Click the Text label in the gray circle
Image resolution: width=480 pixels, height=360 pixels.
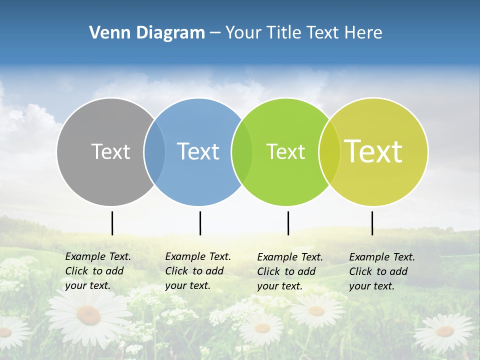pos(110,151)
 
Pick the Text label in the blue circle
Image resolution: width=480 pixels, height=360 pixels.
pos(198,151)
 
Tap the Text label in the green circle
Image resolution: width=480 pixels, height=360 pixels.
pos(285,151)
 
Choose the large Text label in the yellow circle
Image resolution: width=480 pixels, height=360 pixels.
pos(373,151)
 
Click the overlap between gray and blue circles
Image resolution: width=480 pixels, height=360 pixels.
pos(154,152)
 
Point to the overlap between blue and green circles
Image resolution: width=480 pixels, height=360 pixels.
pos(242,152)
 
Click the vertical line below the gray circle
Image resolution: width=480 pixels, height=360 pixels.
pos(112,223)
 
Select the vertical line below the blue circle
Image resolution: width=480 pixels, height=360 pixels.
pos(200,223)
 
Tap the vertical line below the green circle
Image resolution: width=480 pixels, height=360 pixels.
pos(288,223)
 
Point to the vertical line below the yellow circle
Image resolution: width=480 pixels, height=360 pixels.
pos(372,223)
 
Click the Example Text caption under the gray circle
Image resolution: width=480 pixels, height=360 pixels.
pos(98,271)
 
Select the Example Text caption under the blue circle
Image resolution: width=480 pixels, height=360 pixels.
pos(198,271)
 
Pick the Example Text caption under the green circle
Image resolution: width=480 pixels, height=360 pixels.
pos(290,271)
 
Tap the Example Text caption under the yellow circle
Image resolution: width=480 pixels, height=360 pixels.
pos(382,271)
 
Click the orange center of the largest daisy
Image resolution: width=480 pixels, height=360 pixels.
pos(88,314)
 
